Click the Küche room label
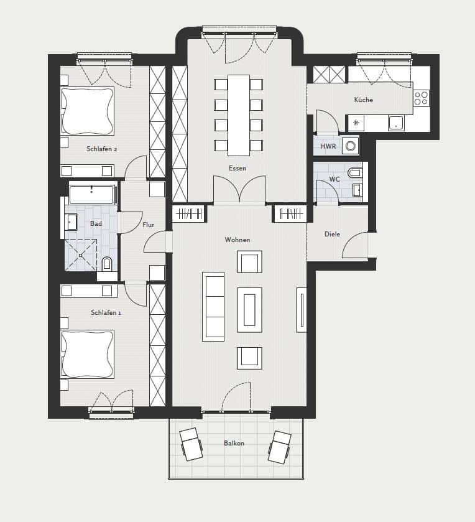point(363,100)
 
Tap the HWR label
point(328,146)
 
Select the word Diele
point(332,234)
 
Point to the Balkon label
point(234,443)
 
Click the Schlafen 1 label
point(106,312)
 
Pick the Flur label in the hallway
point(149,225)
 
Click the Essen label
point(237,168)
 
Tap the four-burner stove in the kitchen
point(421,98)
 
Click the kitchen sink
point(396,123)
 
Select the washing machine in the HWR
point(350,146)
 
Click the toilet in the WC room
point(354,173)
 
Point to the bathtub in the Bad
point(92,194)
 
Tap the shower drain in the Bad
point(80,255)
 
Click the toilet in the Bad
point(107,264)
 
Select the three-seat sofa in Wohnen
point(213,307)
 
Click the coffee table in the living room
point(249,310)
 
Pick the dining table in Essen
point(239,115)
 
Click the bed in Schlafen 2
point(88,111)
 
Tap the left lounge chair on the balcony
point(191,444)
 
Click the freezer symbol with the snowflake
point(356,123)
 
